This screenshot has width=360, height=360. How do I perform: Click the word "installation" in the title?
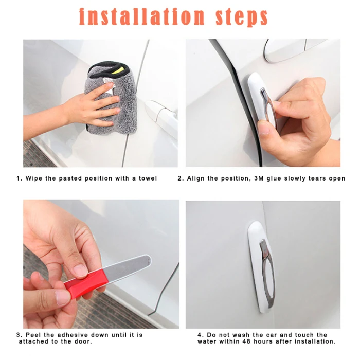point(141,17)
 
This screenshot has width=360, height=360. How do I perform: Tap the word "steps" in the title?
point(242,18)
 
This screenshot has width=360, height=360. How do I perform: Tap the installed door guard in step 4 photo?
point(262,266)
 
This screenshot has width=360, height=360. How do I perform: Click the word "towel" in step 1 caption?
point(148,178)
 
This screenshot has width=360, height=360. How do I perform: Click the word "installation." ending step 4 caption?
point(315,341)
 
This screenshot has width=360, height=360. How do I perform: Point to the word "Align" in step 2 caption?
point(195,178)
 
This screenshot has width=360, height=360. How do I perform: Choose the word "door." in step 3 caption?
point(83,341)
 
